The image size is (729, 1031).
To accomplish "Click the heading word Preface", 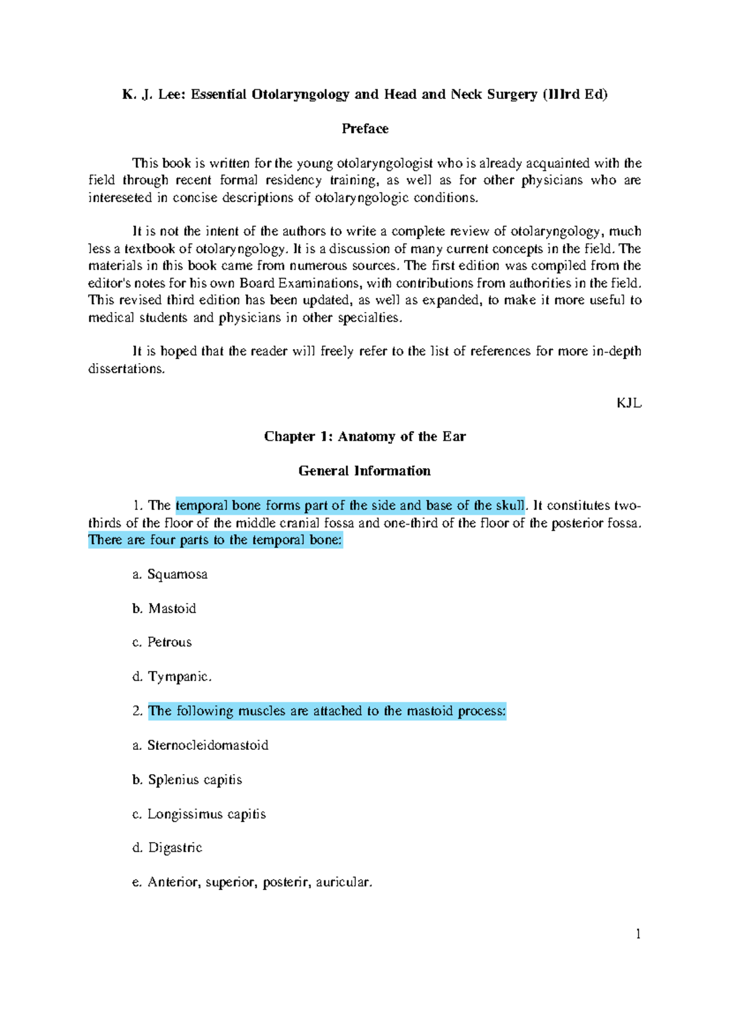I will [x=364, y=129].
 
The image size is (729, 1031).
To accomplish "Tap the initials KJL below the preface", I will [x=629, y=403].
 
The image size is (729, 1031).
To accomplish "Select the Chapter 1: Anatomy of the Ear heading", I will [x=364, y=437].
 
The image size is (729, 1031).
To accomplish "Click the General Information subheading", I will [x=364, y=471].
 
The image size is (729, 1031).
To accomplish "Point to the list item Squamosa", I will [x=177, y=574].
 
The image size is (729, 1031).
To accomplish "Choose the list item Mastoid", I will [x=172, y=608].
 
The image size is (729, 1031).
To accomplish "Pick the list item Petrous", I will [x=169, y=642].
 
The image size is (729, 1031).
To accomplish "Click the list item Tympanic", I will [x=180, y=676].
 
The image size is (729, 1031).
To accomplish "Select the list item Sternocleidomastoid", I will [x=208, y=745].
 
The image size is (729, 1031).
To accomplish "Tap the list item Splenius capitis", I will [x=195, y=780].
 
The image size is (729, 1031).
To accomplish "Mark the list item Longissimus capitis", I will [x=207, y=814].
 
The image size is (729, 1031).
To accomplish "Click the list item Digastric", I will [x=175, y=848].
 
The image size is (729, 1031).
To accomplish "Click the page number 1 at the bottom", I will [x=638, y=934].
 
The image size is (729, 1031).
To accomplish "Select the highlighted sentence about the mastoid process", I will [x=327, y=711].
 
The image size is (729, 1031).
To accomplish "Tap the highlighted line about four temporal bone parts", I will [x=216, y=540].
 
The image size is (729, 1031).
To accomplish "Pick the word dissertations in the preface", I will [x=126, y=369].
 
